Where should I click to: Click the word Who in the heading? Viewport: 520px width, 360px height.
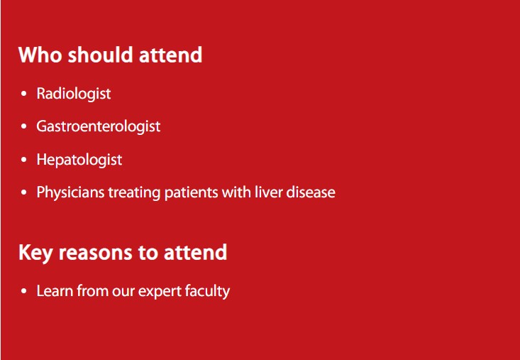pos(40,55)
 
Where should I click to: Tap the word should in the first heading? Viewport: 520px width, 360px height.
pos(101,55)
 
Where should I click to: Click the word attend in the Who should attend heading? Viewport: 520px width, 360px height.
pos(171,55)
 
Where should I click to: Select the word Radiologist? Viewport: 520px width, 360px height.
pos(74,94)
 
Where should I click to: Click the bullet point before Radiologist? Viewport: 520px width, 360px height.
pos(23,94)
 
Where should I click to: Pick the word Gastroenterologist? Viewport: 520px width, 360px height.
pos(99,127)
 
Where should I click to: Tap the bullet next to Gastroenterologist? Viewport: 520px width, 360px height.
pos(23,127)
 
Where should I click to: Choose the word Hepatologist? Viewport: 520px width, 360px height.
pos(79,160)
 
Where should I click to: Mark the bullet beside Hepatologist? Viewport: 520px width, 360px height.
pos(23,160)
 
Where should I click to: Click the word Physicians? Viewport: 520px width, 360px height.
pos(70,192)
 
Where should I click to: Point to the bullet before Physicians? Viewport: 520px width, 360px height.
pos(23,192)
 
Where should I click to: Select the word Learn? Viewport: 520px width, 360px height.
pos(55,291)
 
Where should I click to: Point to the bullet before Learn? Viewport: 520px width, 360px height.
pos(23,291)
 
